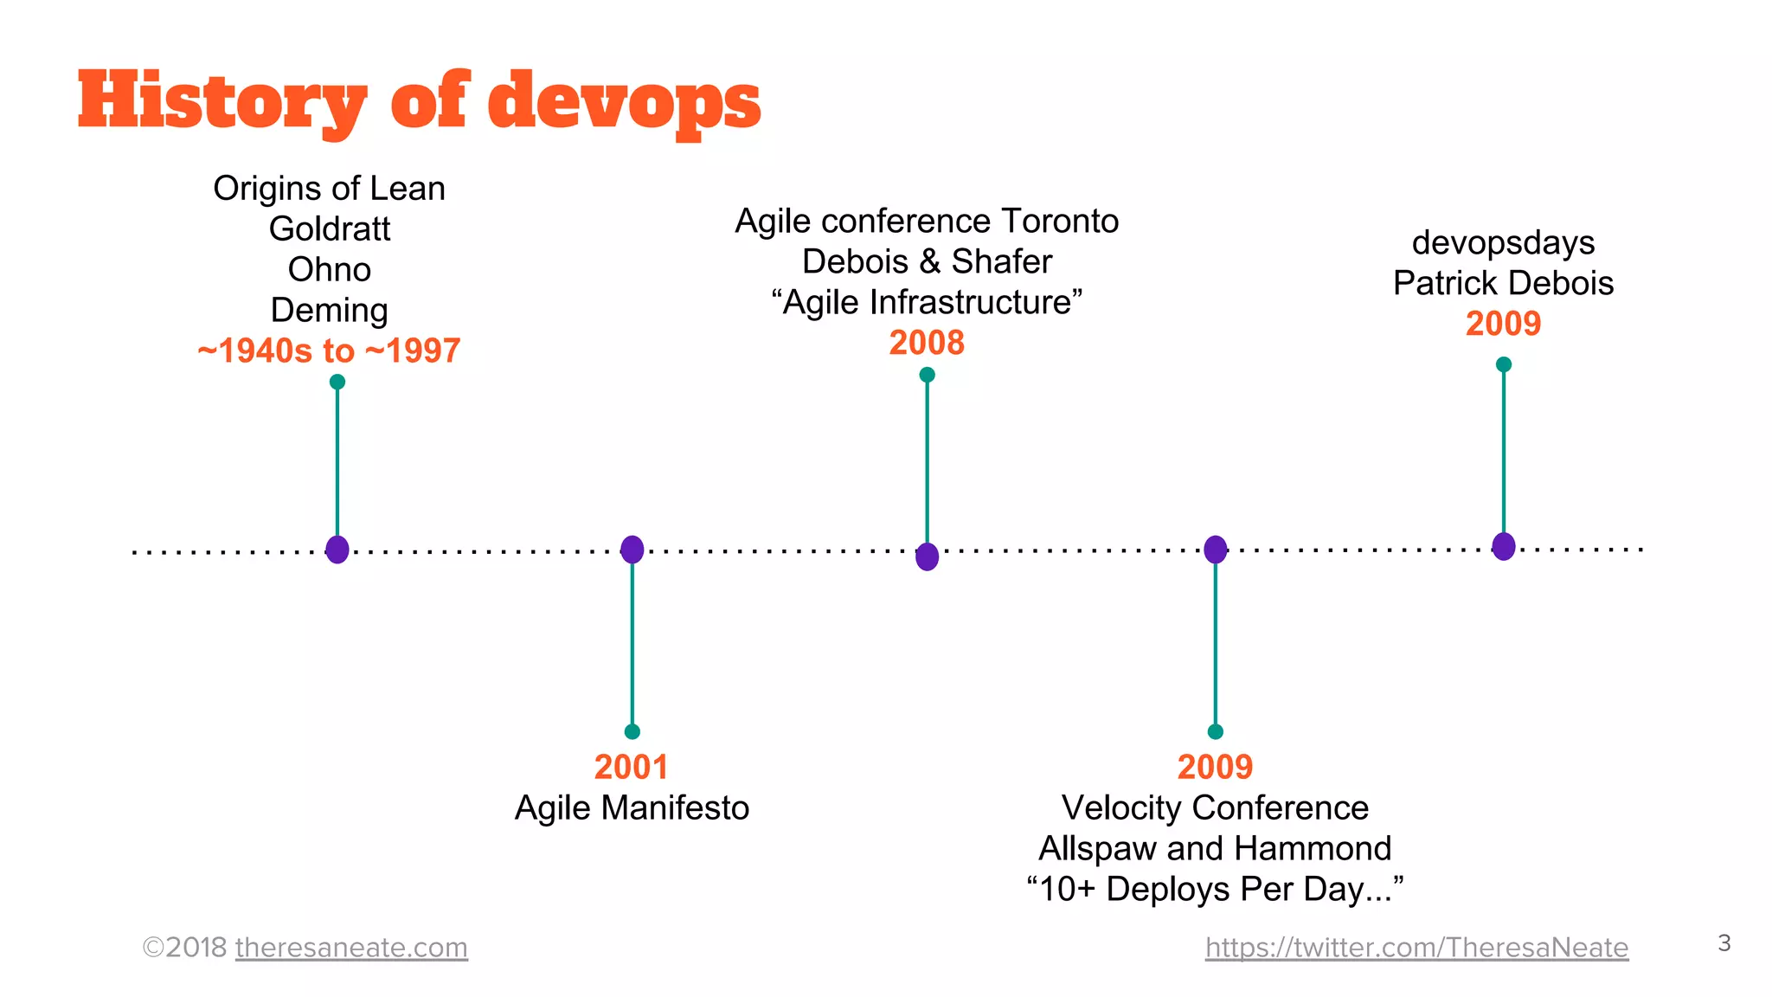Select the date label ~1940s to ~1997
tap(329, 351)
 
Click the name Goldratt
tap(330, 229)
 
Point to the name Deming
tap(330, 311)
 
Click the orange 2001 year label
tap(632, 767)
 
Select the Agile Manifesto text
tap(632, 807)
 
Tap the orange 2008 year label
tap(927, 343)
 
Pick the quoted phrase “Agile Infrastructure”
tap(927, 303)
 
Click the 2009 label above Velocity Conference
tap(1215, 767)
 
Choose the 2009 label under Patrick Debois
tap(1503, 324)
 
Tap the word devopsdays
tap(1503, 243)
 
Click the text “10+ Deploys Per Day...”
tap(1215, 889)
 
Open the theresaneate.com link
tap(351, 948)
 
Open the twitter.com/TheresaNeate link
tap(1416, 948)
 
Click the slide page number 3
tap(1724, 942)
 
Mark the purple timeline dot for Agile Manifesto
tap(632, 550)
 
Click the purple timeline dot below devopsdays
tap(1504, 546)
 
